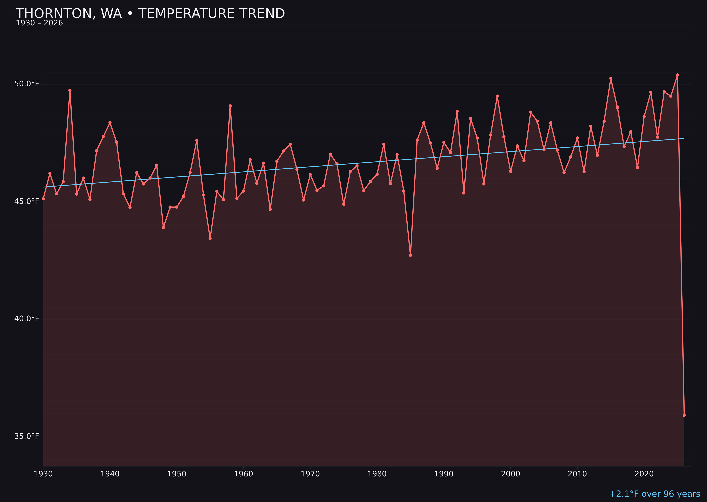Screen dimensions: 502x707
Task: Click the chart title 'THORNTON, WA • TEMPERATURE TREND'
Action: [150, 14]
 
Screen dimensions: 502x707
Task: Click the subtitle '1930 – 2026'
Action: [39, 23]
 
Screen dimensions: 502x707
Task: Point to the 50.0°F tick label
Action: [27, 84]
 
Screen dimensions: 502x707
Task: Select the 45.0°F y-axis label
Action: [27, 202]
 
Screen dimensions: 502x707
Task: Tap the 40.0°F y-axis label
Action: [27, 319]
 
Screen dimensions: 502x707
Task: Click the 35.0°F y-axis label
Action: [27, 436]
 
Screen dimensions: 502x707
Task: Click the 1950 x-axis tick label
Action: [177, 474]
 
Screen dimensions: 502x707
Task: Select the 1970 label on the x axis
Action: [310, 474]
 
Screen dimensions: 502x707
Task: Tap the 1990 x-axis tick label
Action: [444, 474]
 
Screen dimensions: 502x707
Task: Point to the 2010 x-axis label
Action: [577, 474]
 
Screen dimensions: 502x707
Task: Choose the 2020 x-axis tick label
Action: [644, 474]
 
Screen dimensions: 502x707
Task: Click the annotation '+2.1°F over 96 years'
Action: [654, 494]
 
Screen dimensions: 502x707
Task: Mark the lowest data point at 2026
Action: [684, 415]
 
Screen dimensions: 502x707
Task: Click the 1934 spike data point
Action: [70, 90]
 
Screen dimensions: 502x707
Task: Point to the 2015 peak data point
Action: [611, 79]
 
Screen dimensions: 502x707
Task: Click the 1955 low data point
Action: [210, 238]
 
